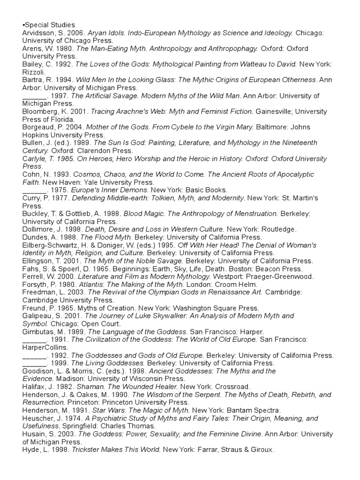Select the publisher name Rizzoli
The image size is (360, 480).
[x=33, y=72]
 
